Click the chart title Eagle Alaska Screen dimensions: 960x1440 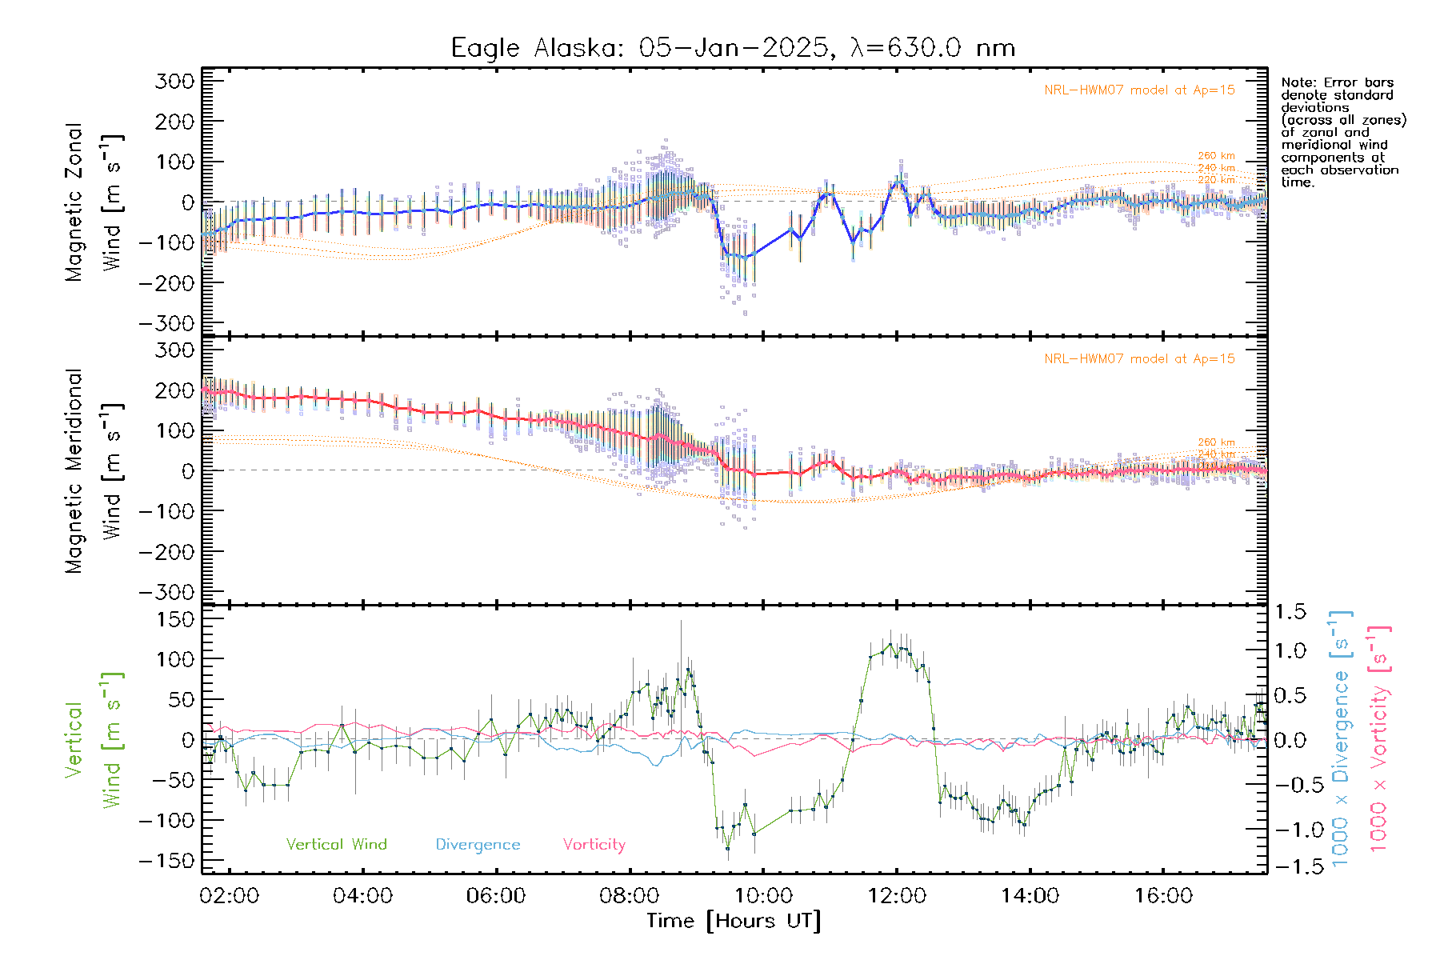point(733,48)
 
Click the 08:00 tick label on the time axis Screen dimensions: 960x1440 point(630,895)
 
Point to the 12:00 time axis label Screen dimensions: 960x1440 point(896,895)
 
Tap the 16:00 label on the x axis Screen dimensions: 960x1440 point(1162,895)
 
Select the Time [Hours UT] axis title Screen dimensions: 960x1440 point(733,921)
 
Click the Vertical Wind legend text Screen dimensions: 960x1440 point(336,845)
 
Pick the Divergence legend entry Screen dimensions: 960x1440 point(478,845)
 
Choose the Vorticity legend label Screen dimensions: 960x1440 point(594,845)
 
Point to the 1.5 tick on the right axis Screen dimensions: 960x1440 point(1290,612)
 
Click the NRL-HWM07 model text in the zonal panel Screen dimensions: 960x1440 point(1139,90)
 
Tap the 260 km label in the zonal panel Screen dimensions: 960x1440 point(1216,156)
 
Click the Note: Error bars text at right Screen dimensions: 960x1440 point(1338,82)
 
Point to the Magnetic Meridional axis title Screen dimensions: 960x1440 point(74,471)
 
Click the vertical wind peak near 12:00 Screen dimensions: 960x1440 point(890,644)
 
